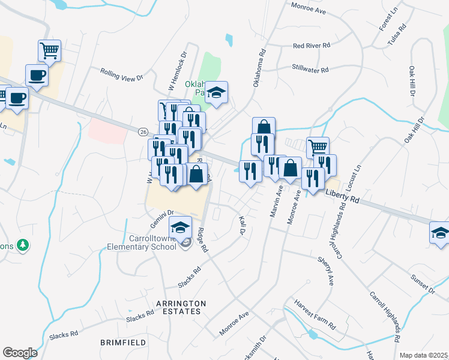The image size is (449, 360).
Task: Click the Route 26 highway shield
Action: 142,131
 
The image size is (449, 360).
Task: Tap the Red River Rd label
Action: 312,46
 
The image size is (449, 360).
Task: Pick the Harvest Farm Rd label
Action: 315,314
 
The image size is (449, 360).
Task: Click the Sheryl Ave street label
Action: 324,271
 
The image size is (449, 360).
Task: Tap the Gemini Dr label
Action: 162,213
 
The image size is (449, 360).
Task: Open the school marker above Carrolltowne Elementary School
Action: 179,226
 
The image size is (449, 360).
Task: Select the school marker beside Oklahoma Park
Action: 217,92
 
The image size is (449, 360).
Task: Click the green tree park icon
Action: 23,245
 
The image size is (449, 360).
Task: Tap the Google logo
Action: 20,352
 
